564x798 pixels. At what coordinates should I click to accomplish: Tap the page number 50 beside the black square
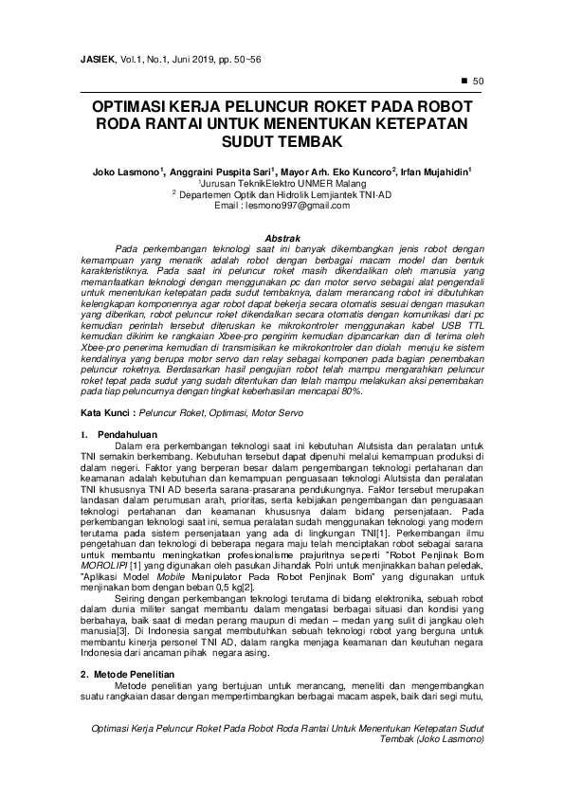pyautogui.click(x=478, y=81)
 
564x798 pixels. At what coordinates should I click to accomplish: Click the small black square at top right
pyautogui.click(x=464, y=81)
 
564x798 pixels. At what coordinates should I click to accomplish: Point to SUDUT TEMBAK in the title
pyautogui.click(x=282, y=142)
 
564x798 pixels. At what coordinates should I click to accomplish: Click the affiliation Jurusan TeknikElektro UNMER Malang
pyautogui.click(x=282, y=183)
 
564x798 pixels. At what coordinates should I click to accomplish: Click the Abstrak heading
pyautogui.click(x=282, y=236)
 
